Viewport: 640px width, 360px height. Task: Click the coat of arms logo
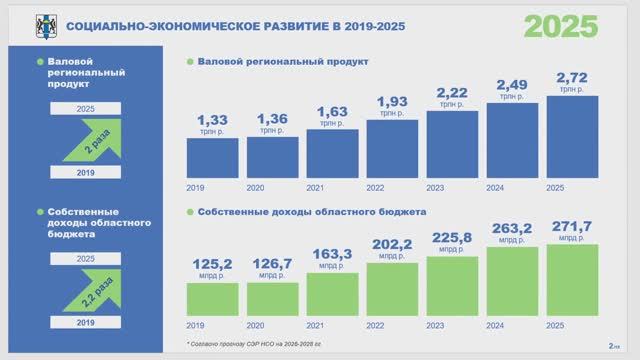tap(44, 24)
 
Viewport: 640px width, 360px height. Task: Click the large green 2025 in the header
tap(562, 25)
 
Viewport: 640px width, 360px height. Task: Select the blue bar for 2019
tap(212, 157)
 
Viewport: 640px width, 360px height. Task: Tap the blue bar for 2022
tap(392, 148)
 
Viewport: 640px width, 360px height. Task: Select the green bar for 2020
tap(272, 298)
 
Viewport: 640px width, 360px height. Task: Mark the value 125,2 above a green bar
tap(212, 265)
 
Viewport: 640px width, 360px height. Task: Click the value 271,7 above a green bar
tap(572, 227)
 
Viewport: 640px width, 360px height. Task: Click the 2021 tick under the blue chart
tap(315, 187)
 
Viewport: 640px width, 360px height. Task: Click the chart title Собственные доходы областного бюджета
tap(312, 212)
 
